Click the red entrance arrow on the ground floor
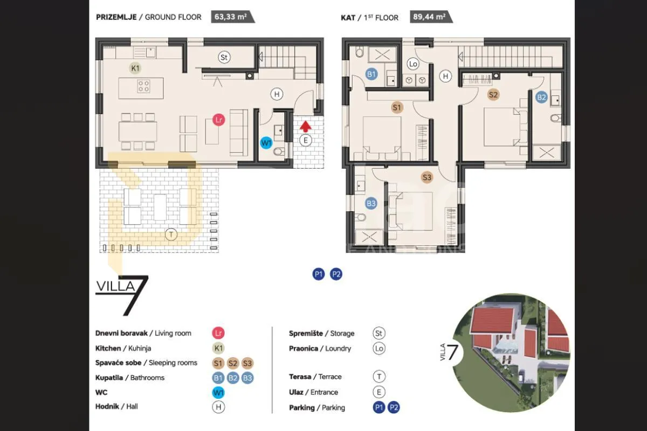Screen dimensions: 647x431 click(x=305, y=127)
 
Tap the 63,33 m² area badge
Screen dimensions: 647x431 click(x=232, y=17)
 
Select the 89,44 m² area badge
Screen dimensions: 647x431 click(x=431, y=17)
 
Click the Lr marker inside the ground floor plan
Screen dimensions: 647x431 click(x=219, y=120)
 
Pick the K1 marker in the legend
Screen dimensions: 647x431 click(x=218, y=348)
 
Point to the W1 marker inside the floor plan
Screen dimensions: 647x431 click(x=266, y=143)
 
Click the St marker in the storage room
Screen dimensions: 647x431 click(x=224, y=57)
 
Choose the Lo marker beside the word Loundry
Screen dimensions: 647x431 click(x=379, y=349)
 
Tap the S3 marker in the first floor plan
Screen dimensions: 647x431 click(x=427, y=177)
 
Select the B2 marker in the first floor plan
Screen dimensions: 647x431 click(x=541, y=98)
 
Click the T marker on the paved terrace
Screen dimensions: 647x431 click(x=171, y=234)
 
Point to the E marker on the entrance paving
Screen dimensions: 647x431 click(x=306, y=140)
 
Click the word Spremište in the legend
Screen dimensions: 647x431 click(x=306, y=333)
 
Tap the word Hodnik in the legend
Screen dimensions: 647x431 click(x=107, y=406)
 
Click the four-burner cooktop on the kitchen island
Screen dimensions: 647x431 click(x=143, y=86)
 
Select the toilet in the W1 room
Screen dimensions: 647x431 click(x=279, y=151)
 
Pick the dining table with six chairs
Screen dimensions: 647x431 click(x=138, y=131)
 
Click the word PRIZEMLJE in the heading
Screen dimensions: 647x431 click(x=116, y=17)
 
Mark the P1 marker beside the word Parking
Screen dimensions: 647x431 click(x=379, y=407)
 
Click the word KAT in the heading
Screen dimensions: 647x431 click(x=348, y=18)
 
